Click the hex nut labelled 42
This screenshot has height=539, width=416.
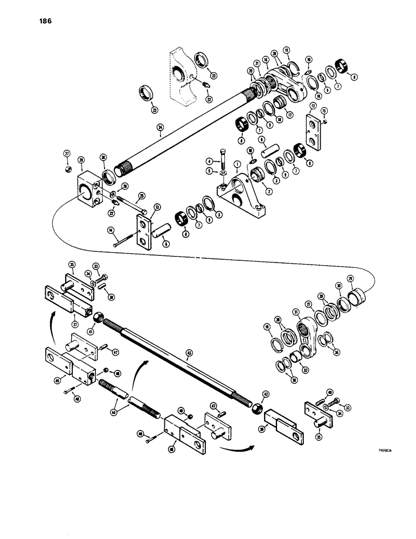point(257,410)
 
